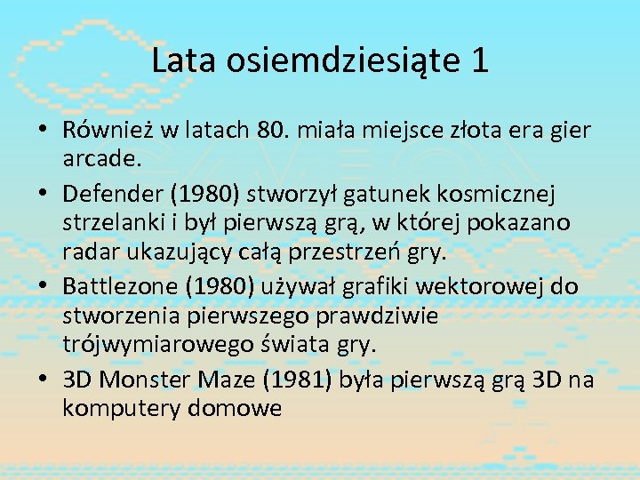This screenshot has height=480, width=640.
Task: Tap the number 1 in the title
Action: [479, 60]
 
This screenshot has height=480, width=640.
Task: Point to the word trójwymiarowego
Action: [154, 343]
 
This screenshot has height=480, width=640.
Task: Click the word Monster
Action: [140, 380]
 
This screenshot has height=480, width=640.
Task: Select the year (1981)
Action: [293, 380]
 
